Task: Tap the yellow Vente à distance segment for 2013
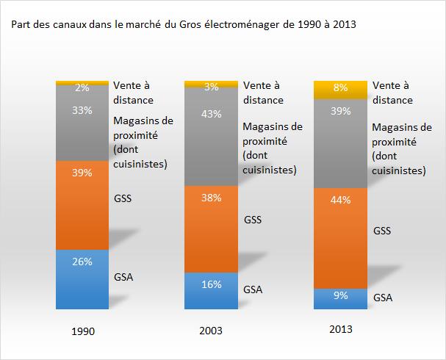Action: coord(339,90)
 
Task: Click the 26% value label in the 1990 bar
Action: coord(82,262)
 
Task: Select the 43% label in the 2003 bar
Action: coord(211,114)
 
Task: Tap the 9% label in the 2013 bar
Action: coord(339,297)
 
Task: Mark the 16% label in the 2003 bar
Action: coord(211,284)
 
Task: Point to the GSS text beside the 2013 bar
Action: coord(383,231)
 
